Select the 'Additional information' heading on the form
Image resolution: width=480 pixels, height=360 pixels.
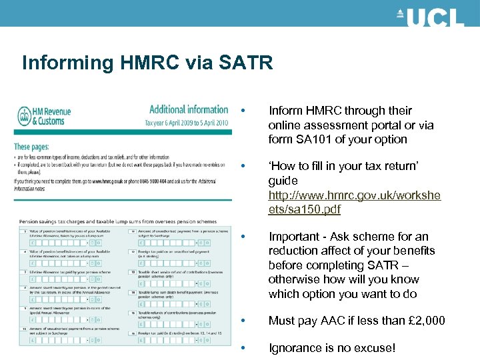(x=188, y=110)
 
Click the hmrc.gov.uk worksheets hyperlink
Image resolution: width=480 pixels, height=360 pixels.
(x=353, y=202)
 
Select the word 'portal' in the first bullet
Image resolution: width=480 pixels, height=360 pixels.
(x=387, y=125)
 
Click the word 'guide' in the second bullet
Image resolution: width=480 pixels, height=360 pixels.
(x=283, y=181)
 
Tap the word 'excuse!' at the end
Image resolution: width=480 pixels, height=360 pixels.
(x=374, y=347)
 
